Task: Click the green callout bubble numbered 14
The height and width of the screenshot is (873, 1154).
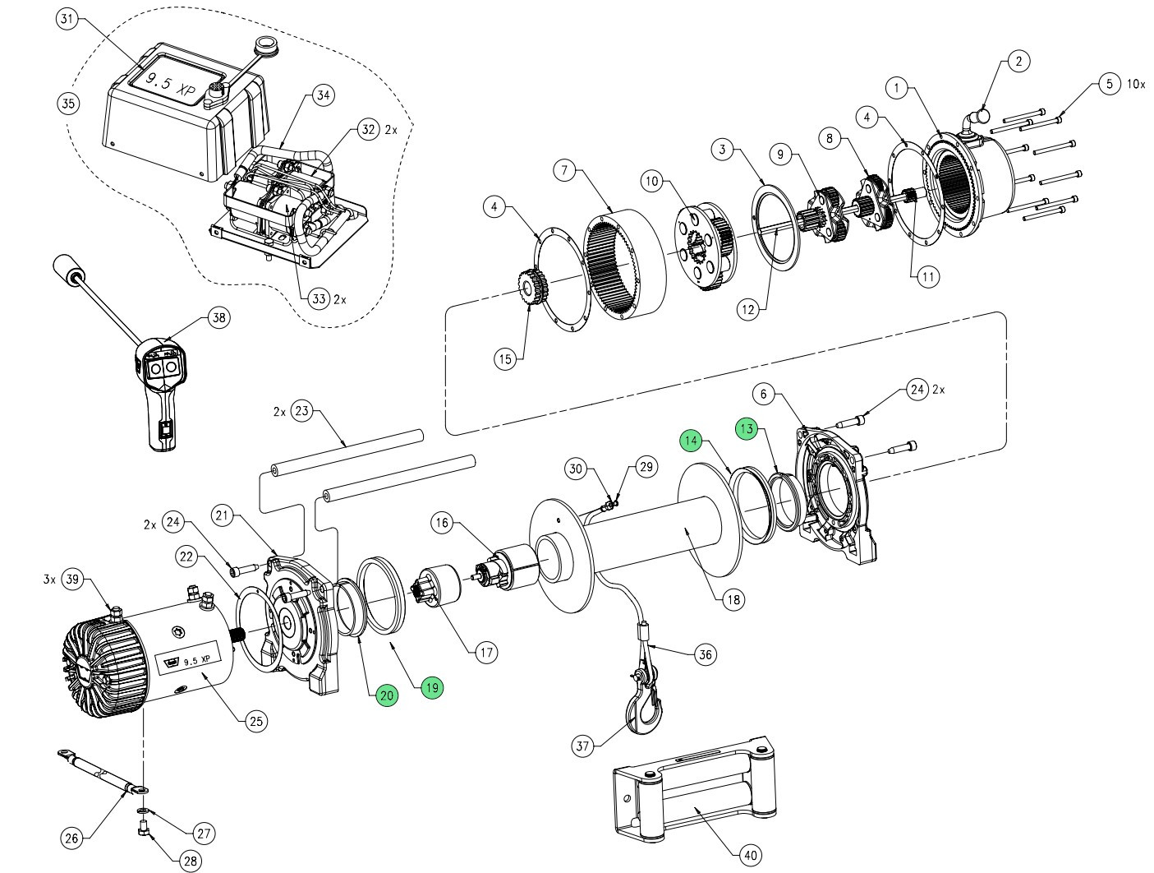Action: click(691, 441)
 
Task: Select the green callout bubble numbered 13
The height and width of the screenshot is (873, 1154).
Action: click(746, 429)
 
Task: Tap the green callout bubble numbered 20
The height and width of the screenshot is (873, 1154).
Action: click(387, 695)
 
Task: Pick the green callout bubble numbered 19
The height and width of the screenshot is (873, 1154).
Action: click(432, 686)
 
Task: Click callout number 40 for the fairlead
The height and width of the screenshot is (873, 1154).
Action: click(751, 856)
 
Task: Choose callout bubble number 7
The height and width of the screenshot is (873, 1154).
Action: click(563, 171)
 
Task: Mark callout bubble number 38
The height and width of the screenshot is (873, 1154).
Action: click(218, 319)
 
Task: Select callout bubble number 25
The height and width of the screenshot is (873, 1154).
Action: click(255, 722)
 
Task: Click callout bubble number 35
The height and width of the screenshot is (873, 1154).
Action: click(68, 104)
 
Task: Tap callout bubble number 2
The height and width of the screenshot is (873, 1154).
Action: click(1018, 61)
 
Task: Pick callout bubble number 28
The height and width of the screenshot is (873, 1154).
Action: click(190, 861)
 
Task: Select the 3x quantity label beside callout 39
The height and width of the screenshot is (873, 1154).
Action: click(49, 580)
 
